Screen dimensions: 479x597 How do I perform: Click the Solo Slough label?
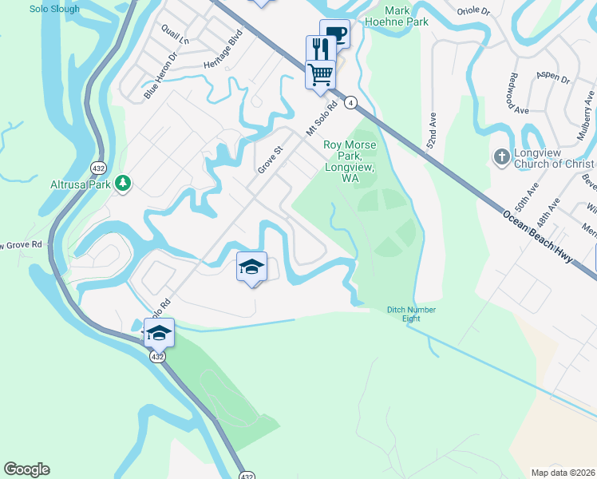pyautogui.click(x=54, y=9)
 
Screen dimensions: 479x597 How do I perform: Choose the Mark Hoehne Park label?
pyautogui.click(x=406, y=16)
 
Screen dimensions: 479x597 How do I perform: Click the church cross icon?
pyautogui.click(x=502, y=156)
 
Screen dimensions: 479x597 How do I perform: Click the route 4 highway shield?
pyautogui.click(x=350, y=102)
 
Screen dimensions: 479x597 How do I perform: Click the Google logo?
pyautogui.click(x=26, y=469)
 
